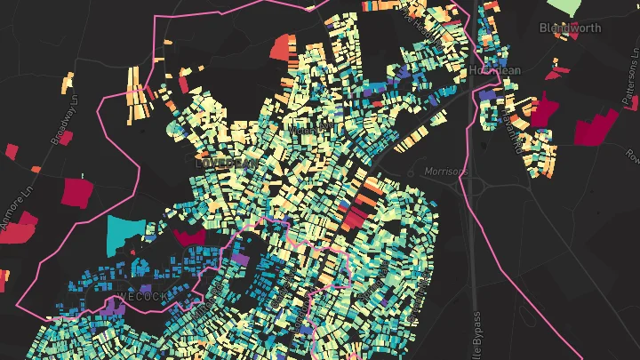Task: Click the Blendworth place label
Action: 570,28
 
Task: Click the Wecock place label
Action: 141,296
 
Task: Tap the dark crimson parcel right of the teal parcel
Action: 188,236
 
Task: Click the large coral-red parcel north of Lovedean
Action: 282,45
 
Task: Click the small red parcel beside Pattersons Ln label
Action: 561,71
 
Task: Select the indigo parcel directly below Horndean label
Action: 487,95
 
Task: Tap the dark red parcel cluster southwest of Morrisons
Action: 356,214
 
